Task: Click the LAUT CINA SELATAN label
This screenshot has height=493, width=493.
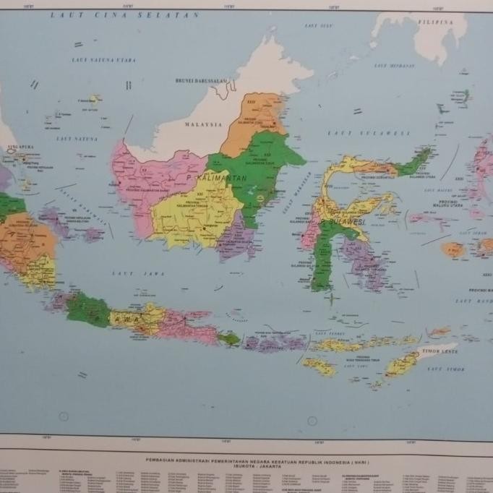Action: (x=124, y=14)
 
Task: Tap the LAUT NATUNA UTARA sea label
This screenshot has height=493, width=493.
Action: (x=104, y=60)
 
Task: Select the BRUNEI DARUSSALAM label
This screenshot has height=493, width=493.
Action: (x=201, y=81)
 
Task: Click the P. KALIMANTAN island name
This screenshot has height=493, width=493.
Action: (x=217, y=177)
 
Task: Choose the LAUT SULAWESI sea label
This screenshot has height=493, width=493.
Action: (x=369, y=133)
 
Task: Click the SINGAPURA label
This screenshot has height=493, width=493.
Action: (x=19, y=147)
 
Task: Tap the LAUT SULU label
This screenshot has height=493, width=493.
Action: (x=318, y=25)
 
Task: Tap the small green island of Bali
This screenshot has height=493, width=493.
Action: (x=229, y=338)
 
